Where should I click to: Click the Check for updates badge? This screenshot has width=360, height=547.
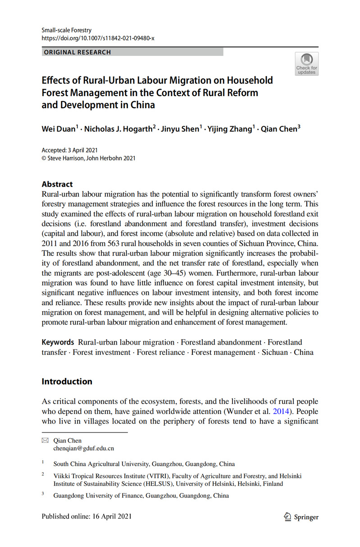click(306, 64)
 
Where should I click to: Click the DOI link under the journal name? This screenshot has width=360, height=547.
click(98, 38)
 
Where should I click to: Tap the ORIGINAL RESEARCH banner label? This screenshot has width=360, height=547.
click(77, 52)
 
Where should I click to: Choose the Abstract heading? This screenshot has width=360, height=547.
click(57, 184)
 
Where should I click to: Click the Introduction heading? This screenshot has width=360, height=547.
click(67, 382)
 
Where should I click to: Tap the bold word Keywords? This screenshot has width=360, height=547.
click(58, 342)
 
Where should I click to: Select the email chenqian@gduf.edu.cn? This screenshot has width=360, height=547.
click(83, 448)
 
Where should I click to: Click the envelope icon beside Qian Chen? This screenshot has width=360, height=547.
click(45, 441)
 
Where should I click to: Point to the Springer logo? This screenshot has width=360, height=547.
click(301, 517)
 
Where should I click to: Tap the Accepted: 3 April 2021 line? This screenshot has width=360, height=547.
click(70, 151)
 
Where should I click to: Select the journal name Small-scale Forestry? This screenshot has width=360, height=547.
click(66, 30)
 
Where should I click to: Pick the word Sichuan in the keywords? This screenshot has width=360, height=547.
click(274, 352)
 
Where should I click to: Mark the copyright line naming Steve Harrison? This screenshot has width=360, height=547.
click(88, 158)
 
